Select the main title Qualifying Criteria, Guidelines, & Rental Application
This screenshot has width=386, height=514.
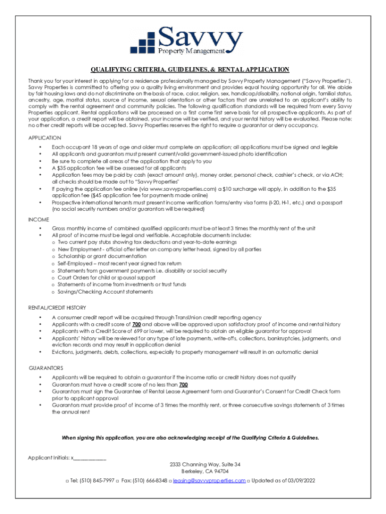pos(190,69)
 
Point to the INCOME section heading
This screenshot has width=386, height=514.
pos(39,219)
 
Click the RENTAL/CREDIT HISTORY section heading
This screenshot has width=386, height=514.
pos(57,308)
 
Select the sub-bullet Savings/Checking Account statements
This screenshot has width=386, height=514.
pos(105,292)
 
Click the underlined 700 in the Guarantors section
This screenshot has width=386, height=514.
pos(183,384)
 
